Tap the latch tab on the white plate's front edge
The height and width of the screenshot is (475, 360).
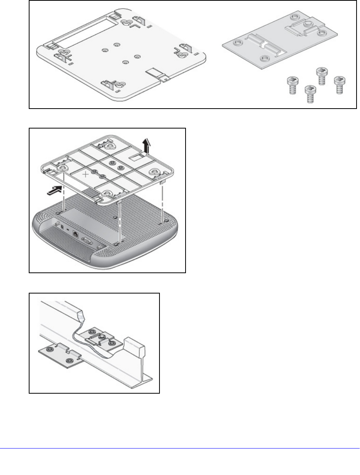tap(158, 75)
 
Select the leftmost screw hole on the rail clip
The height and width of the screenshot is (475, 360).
tap(49, 348)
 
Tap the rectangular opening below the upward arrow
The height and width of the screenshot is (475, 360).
tap(137, 157)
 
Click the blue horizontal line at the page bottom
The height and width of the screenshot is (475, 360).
tap(180, 449)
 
